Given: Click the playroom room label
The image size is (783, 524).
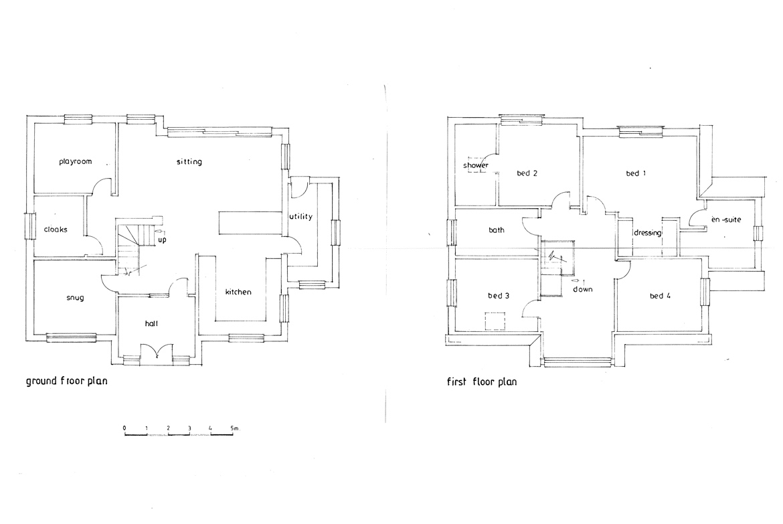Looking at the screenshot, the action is [76, 162].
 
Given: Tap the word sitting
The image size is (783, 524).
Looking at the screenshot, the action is [189, 162].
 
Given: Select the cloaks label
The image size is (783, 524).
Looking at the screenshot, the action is [56, 230].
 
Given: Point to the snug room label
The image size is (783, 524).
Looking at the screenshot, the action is [75, 298].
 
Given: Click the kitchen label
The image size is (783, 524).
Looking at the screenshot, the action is [238, 292].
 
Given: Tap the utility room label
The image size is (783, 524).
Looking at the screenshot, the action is [300, 216].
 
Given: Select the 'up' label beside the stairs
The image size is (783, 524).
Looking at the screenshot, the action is [163, 240].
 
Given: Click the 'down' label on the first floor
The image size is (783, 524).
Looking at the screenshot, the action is [583, 289].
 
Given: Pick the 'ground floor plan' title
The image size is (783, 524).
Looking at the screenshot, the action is [66, 381].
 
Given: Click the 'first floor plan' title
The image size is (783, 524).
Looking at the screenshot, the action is [482, 382].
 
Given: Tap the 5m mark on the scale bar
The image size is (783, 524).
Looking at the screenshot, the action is [235, 428].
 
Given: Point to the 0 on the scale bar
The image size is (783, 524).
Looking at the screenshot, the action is [124, 428].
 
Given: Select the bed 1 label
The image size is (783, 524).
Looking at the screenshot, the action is [636, 173].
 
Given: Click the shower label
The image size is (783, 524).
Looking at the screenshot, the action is [476, 165].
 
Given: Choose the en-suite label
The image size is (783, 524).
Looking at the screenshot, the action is [726, 220].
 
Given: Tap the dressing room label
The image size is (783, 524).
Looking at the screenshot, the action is [648, 234].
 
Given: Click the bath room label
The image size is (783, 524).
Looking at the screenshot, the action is [497, 230].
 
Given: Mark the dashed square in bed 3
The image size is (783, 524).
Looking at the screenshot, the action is [495, 321].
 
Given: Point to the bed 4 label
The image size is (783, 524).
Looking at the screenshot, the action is [660, 296].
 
